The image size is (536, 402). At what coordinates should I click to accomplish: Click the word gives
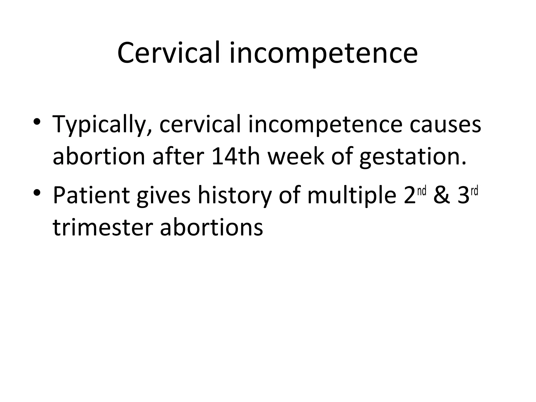163,196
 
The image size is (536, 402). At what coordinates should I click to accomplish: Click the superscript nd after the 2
422,191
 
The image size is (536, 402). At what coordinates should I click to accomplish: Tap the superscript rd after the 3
474,191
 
